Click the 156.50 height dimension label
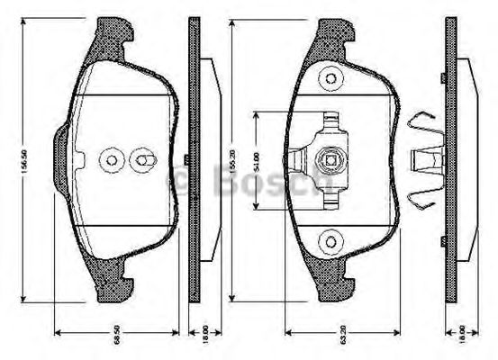tap(25, 168)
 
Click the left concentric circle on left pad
tap(112, 161)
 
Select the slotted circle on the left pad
tap(143, 161)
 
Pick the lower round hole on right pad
tap(330, 240)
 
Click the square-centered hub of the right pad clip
tap(330, 163)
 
